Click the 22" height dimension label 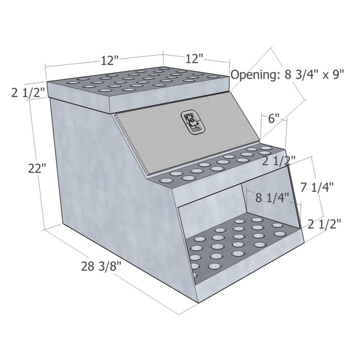click(x=37, y=168)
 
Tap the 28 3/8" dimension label click(x=102, y=266)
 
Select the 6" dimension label click(x=274, y=118)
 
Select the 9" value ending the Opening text click(x=337, y=75)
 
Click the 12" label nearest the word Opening click(x=194, y=59)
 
